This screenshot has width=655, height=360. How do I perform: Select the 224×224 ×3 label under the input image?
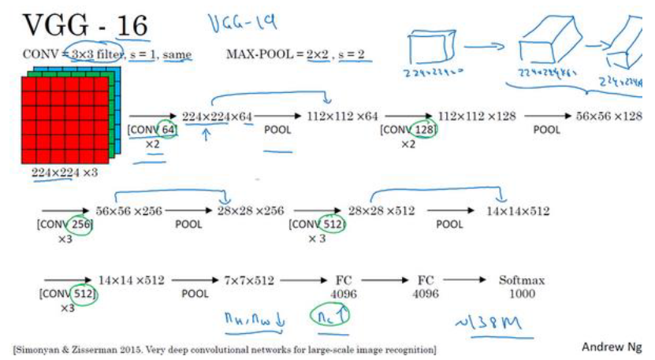[65, 173]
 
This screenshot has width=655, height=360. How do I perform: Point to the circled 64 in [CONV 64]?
[166, 129]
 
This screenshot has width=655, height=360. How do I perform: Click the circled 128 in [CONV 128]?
[423, 129]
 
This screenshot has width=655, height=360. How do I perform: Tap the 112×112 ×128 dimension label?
[477, 116]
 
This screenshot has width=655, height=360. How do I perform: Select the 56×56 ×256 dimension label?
[128, 211]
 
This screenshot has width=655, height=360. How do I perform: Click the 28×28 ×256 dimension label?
[251, 211]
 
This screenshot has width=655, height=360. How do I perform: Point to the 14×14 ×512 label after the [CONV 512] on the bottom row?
[132, 280]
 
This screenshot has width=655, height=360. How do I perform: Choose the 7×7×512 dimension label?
[249, 280]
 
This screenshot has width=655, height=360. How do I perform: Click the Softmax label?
[522, 280]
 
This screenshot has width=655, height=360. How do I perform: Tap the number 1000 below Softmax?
[522, 294]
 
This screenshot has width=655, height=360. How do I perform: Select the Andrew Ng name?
[611, 347]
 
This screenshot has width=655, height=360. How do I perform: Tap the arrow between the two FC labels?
[381, 280]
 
